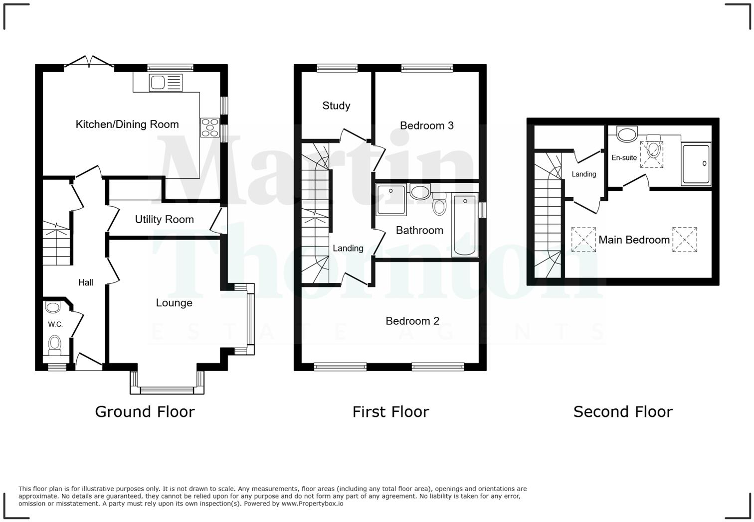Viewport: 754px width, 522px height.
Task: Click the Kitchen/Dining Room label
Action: (x=127, y=125)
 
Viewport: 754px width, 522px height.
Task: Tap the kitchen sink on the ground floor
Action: (x=166, y=82)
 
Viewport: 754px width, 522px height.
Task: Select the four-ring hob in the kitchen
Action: (x=209, y=127)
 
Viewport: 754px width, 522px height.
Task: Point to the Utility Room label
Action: (x=164, y=220)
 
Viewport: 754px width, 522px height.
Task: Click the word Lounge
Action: (x=174, y=303)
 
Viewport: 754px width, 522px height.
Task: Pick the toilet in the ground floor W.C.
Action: (x=55, y=344)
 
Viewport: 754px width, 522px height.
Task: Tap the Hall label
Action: (x=86, y=282)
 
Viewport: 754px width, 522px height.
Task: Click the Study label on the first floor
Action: (x=336, y=106)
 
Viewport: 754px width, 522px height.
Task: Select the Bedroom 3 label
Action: (x=427, y=126)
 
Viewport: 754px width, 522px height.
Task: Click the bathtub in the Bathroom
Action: (x=464, y=225)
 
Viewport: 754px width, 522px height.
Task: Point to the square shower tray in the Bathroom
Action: (x=391, y=199)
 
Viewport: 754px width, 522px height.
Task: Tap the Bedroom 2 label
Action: (x=412, y=321)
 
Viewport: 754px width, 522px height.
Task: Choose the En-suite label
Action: (x=624, y=157)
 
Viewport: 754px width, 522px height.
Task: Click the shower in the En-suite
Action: (x=696, y=164)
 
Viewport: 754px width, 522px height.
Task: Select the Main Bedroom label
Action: (x=634, y=240)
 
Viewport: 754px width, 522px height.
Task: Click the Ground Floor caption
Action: (x=145, y=412)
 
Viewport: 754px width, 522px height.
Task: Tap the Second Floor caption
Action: (x=623, y=412)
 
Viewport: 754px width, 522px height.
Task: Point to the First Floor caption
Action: (x=390, y=412)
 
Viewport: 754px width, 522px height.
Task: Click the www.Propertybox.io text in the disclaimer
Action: (x=312, y=504)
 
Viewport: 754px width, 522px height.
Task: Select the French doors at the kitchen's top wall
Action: (x=89, y=62)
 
